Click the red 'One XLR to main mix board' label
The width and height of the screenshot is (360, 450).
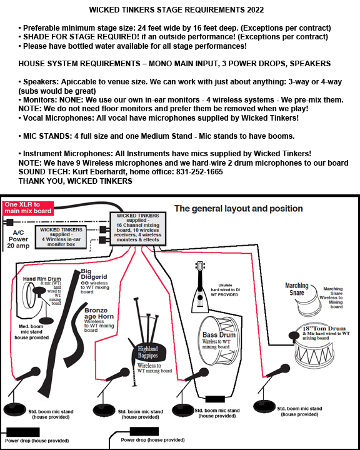(x=28, y=208)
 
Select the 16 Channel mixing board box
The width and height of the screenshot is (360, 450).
(x=137, y=229)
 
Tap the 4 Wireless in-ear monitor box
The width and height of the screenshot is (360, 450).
(x=61, y=237)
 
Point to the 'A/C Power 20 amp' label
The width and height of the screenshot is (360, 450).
(x=18, y=239)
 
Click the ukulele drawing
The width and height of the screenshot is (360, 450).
(x=200, y=287)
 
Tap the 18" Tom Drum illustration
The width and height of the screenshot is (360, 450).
(x=314, y=347)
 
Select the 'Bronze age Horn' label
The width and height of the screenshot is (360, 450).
(x=99, y=313)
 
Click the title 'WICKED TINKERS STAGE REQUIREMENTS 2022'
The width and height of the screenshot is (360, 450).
(x=176, y=10)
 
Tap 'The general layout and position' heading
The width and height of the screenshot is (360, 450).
(x=238, y=208)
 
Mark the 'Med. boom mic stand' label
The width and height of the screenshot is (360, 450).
(x=31, y=329)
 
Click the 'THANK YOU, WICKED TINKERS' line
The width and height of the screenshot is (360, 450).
(x=76, y=181)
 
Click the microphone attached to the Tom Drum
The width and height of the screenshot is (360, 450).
(x=294, y=336)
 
